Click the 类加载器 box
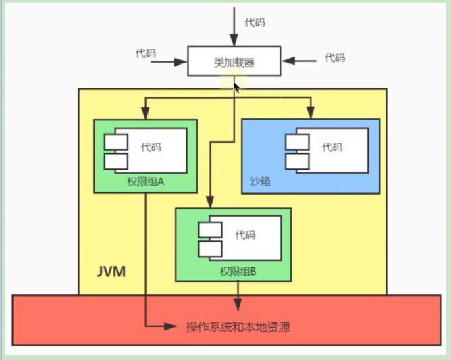[x=234, y=61]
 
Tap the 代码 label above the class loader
[x=255, y=22]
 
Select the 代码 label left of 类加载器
[x=146, y=53]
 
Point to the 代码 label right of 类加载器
[x=335, y=58]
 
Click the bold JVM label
[x=111, y=272]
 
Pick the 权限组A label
[x=146, y=182]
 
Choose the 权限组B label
[x=238, y=272]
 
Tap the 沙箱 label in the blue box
[x=261, y=181]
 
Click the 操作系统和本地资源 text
[x=238, y=327]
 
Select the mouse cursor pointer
[x=236, y=87]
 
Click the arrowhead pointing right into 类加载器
[x=181, y=62]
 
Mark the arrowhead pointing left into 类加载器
[x=288, y=61]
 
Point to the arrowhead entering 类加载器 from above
[x=234, y=40]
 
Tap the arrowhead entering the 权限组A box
[x=145, y=113]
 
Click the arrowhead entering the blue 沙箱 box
[x=311, y=113]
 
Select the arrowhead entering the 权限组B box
[x=210, y=202]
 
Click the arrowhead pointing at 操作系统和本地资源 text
[x=170, y=326]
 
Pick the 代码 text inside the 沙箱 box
[x=332, y=147]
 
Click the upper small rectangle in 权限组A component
[x=116, y=142]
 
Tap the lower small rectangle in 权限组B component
[x=210, y=249]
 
